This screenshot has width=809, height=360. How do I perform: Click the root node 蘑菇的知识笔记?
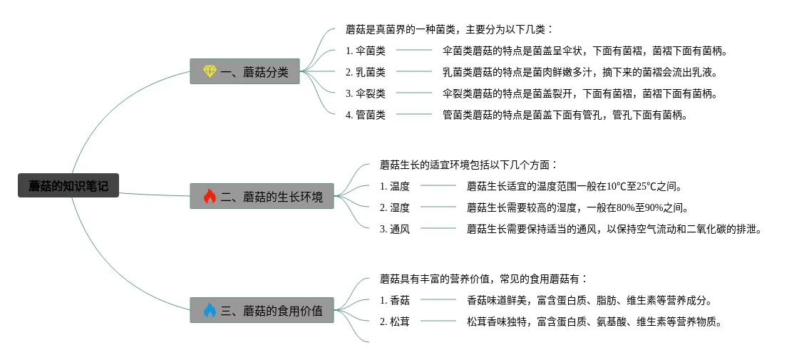tap(68, 186)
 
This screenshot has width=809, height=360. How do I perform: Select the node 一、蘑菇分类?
tap(244, 71)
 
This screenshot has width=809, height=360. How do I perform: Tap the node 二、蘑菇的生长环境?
tap(262, 196)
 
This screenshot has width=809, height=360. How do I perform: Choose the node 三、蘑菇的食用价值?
tap(262, 310)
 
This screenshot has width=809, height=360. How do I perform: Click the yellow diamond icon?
tap(210, 71)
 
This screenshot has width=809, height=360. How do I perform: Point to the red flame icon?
tap(210, 196)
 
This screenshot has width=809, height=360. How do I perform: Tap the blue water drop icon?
tap(210, 310)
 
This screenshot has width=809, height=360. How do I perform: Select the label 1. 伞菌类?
tap(365, 51)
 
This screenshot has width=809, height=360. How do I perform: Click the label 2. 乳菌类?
tap(365, 72)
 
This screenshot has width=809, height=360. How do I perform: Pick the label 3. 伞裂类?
tap(365, 93)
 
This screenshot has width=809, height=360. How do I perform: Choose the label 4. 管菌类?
tap(365, 115)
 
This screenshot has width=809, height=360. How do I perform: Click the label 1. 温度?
tap(394, 187)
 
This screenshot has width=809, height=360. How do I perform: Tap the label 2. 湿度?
tap(394, 208)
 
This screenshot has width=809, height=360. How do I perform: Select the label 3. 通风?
tap(394, 230)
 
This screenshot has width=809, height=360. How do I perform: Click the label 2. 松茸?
tap(394, 322)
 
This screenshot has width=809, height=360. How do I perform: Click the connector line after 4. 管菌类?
tap(414, 114)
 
